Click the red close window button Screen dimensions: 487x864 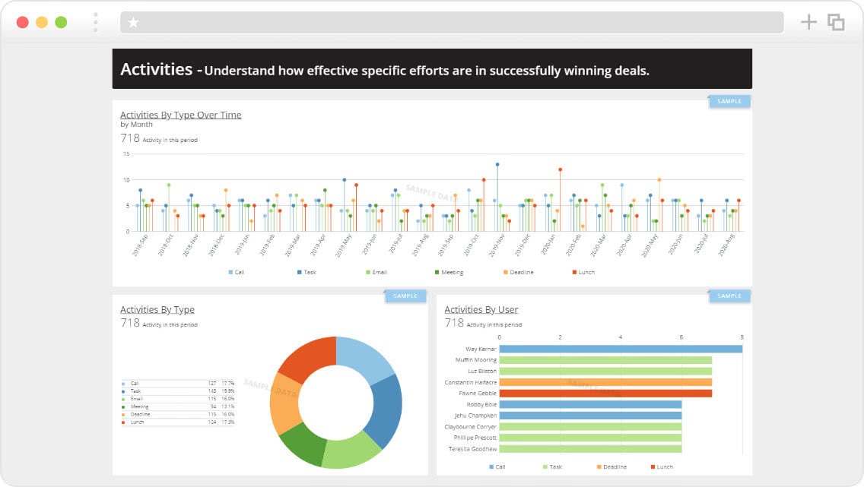point(23,22)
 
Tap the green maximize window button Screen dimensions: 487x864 point(61,22)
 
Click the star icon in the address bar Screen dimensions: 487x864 point(134,23)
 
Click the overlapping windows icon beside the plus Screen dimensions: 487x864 point(836,22)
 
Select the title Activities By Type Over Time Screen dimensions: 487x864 point(181,115)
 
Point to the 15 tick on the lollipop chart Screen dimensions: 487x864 point(127,154)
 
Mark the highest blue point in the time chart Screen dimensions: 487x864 point(497,164)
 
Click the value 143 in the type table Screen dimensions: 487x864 point(212,391)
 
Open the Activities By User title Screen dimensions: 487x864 point(481,309)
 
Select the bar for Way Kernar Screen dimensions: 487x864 point(620,349)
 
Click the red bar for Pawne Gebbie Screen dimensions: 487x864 point(605,394)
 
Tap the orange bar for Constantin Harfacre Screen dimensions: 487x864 point(605,382)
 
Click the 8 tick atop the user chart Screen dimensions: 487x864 point(742,337)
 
